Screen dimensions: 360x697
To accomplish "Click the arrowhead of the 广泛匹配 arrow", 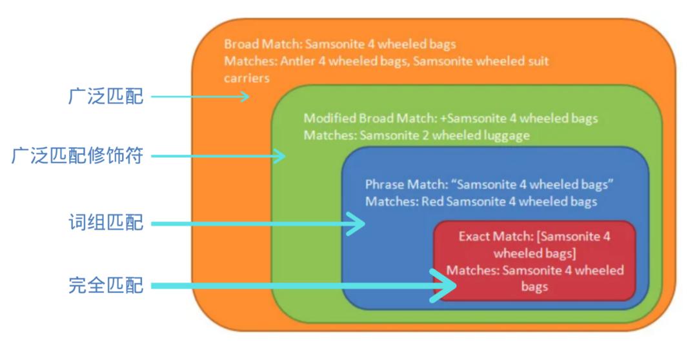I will pyautogui.click(x=245, y=97).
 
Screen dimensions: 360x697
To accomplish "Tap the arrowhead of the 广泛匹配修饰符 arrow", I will pyautogui.click(x=280, y=155).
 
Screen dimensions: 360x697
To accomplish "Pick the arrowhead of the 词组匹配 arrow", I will pyautogui.click(x=357, y=224).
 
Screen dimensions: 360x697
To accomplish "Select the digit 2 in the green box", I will pyautogui.click(x=426, y=135).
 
